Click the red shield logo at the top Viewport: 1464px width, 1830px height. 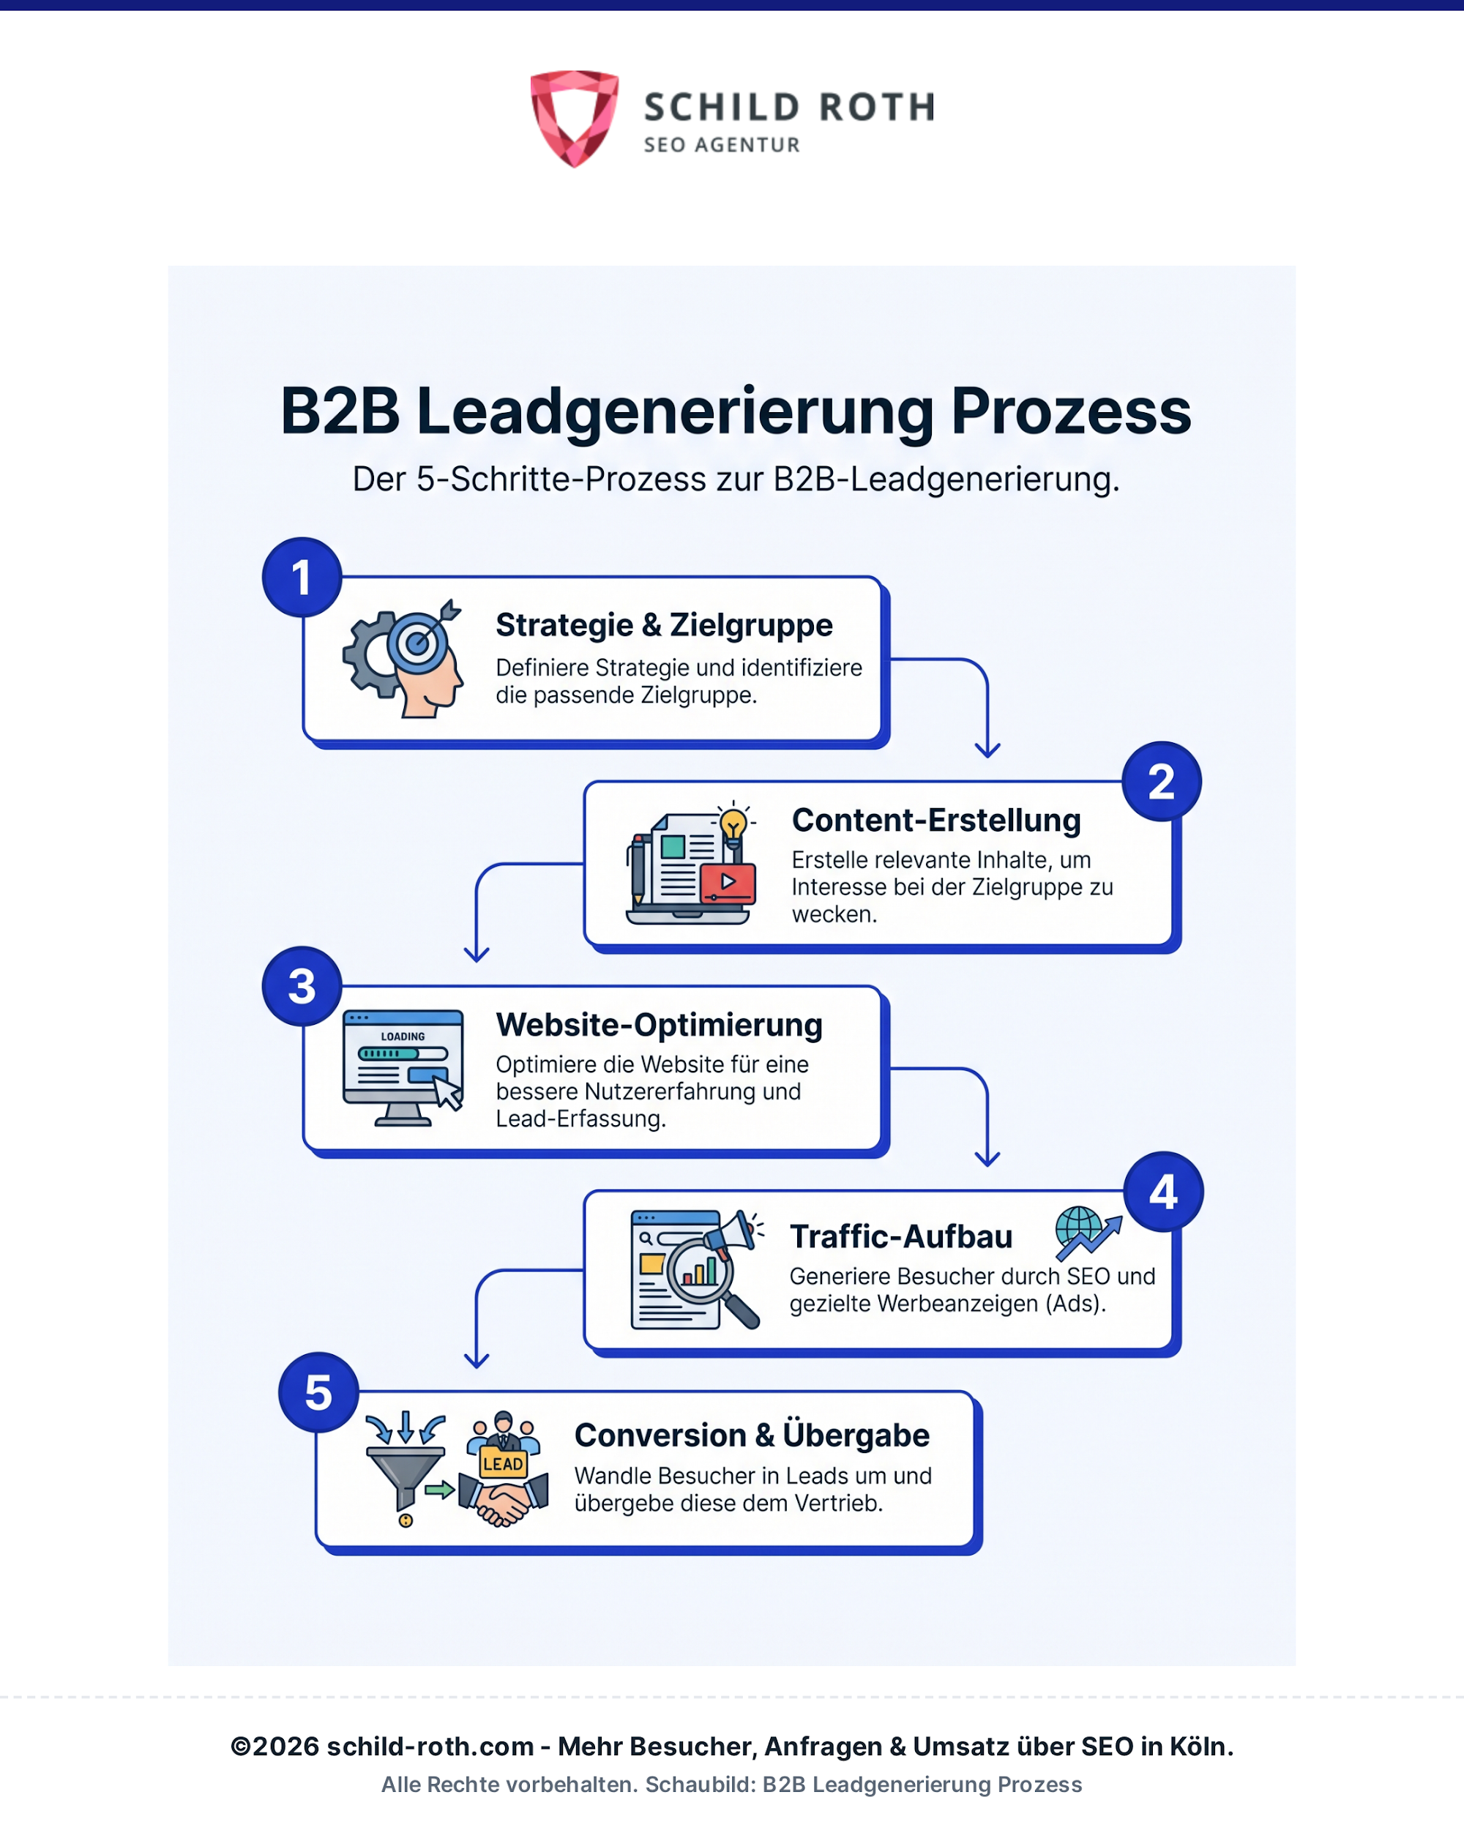(575, 118)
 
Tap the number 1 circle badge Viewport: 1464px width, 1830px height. (302, 577)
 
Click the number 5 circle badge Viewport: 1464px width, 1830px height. (319, 1393)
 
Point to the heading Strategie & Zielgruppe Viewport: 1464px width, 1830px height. (665, 624)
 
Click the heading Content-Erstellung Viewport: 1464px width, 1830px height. (936, 820)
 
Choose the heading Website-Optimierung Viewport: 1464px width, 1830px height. (660, 1025)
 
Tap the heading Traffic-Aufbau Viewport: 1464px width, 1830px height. (901, 1236)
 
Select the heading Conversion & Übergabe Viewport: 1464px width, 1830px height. (752, 1435)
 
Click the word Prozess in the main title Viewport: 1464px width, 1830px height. (1071, 411)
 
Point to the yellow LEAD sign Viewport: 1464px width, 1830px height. (504, 1464)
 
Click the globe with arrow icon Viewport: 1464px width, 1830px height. (1087, 1233)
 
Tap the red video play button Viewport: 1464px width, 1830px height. (728, 883)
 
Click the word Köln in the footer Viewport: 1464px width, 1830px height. (1201, 1746)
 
